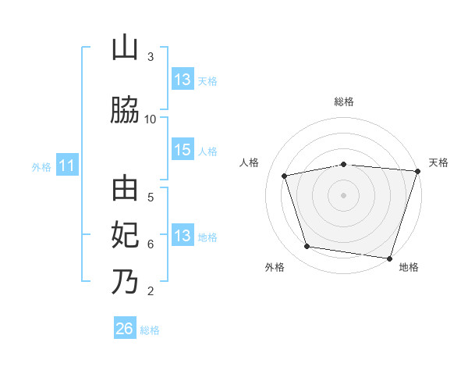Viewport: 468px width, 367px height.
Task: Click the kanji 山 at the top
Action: (x=125, y=48)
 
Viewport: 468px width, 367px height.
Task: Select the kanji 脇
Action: (x=125, y=109)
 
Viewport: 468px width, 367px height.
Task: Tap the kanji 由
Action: (x=125, y=188)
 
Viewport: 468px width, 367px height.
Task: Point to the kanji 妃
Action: (x=125, y=235)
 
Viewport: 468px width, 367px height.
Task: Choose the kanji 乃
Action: (x=125, y=282)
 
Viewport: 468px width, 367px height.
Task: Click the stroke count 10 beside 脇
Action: (x=150, y=119)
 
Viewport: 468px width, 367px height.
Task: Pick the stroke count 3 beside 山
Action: (x=151, y=57)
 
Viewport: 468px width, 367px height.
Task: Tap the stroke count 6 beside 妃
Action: (x=151, y=244)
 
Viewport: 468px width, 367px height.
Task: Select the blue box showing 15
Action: (x=183, y=149)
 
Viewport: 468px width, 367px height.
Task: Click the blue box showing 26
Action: (x=125, y=327)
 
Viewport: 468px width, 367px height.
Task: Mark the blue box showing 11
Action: (x=67, y=165)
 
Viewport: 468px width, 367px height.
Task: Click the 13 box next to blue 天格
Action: (x=183, y=79)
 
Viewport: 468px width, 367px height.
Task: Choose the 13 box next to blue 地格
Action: (x=183, y=234)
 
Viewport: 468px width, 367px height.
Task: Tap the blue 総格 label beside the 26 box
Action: (x=150, y=330)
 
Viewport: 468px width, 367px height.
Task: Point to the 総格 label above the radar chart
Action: (x=344, y=102)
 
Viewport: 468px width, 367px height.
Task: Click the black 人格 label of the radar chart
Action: (x=249, y=162)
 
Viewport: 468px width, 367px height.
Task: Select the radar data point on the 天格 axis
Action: (x=418, y=171)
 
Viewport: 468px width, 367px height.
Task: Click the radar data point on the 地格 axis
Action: (x=389, y=258)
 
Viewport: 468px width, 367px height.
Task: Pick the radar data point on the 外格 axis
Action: (x=307, y=246)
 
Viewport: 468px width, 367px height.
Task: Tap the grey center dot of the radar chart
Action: (x=343, y=195)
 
